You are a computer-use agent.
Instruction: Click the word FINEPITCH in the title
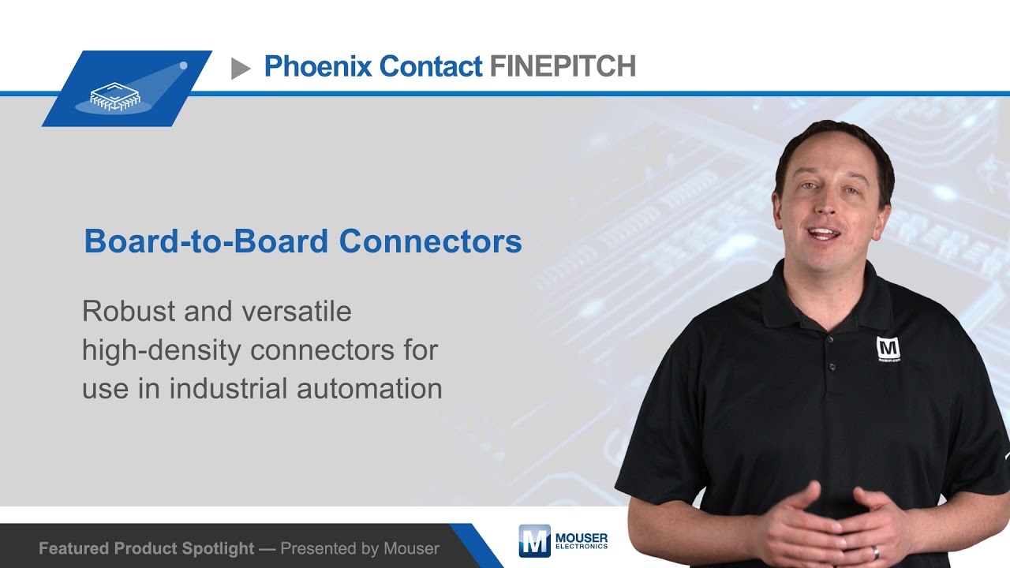coord(563,66)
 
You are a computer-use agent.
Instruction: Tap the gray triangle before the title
coord(241,69)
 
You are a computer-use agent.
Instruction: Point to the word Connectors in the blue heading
coord(431,241)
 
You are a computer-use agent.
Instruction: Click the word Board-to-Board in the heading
coord(207,241)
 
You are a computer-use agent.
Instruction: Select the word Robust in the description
coord(129,311)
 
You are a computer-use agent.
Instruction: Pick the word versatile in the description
coord(297,311)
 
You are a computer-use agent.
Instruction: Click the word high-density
coord(162,349)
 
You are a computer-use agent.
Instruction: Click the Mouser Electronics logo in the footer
coord(563,540)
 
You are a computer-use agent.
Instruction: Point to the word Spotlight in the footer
coord(219,548)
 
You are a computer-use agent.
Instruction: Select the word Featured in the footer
coord(73,548)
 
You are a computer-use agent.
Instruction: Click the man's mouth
coord(823,234)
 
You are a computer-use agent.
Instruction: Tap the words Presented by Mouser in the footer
coord(360,548)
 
